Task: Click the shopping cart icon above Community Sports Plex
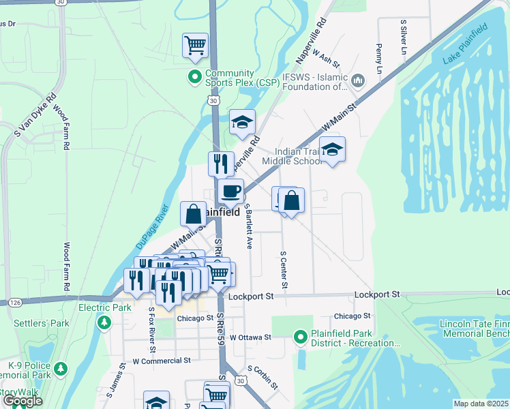[x=196, y=45]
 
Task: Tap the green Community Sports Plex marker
[x=194, y=75]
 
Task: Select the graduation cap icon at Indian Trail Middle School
[x=332, y=149]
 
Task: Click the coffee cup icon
[x=231, y=191]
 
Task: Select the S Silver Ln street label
[x=403, y=37]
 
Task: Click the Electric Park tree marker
[x=104, y=322]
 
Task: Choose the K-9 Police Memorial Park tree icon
[x=61, y=369]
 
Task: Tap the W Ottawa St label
[x=250, y=337]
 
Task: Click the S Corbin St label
[x=263, y=377]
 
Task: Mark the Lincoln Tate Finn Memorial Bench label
[x=466, y=329]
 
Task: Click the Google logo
[x=22, y=401]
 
